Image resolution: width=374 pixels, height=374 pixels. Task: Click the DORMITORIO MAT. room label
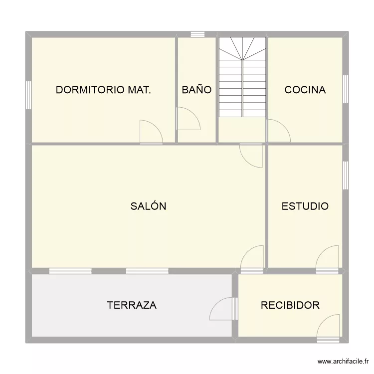(x=103, y=90)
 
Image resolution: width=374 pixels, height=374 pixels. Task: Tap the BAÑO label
(x=196, y=90)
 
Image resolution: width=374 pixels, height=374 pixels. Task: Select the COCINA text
(x=305, y=90)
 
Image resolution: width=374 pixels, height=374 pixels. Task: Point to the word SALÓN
(x=148, y=206)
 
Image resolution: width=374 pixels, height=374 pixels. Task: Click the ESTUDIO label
(x=305, y=206)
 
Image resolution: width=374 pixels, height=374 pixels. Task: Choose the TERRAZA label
(x=132, y=305)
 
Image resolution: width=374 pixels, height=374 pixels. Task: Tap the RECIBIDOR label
(x=290, y=305)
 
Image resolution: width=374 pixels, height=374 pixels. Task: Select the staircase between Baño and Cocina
(x=242, y=77)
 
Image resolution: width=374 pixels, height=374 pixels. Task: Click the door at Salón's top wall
(x=252, y=155)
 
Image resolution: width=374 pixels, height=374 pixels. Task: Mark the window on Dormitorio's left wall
(x=29, y=94)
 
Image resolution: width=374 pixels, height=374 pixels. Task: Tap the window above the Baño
(x=198, y=34)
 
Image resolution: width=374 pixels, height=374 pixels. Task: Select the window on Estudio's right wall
(x=345, y=175)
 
